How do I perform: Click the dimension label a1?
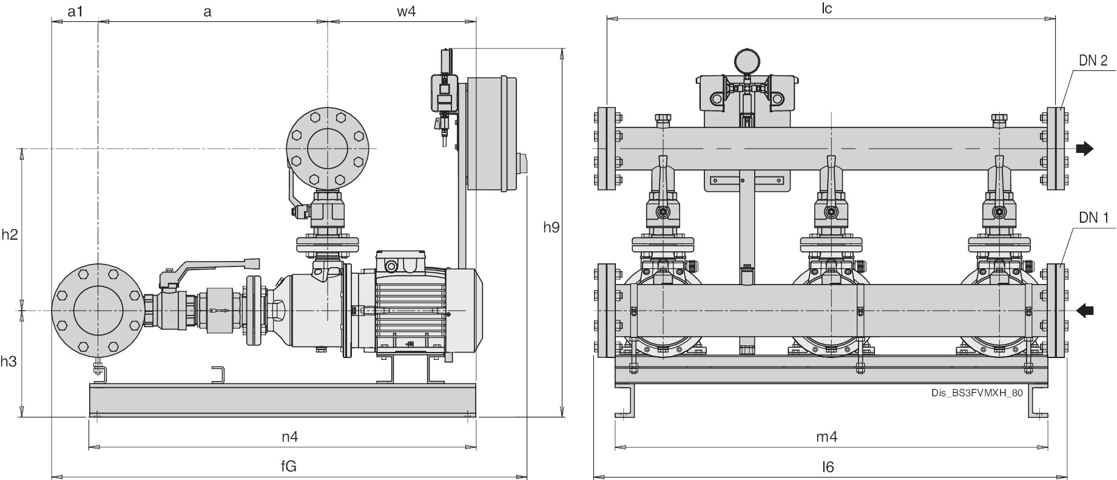74,12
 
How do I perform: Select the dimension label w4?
407,12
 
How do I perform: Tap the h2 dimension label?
10,234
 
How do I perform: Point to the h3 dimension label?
8,362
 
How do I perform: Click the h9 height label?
551,228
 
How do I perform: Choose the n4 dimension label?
289,436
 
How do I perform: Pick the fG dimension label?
288,466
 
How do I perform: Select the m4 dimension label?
826,436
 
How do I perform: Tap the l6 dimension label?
828,466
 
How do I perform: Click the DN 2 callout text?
1093,60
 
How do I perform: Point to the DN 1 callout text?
1093,218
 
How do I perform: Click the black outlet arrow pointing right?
1084,149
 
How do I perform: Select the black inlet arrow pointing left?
1085,311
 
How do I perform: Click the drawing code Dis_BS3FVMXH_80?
977,393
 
